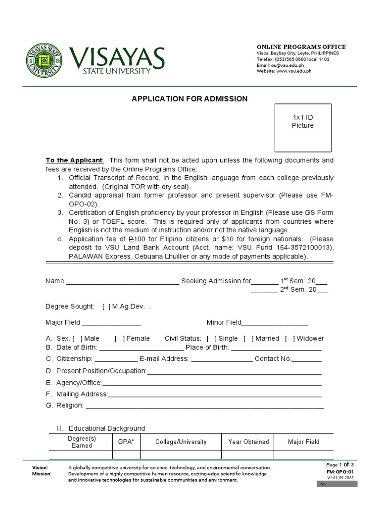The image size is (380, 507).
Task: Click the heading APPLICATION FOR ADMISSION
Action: point(190,99)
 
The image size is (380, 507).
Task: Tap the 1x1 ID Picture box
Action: point(303,128)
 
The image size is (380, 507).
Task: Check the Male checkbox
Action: point(77,339)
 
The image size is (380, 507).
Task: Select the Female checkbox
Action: point(119,339)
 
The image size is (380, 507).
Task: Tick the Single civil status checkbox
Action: point(211,339)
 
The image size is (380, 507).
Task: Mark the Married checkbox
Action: point(248,339)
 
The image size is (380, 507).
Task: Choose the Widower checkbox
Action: point(289,339)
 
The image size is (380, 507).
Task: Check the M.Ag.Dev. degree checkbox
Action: point(106,307)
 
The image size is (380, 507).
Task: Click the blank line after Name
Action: point(122,282)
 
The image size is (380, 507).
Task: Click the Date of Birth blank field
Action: point(134,348)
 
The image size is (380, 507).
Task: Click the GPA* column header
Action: point(126,442)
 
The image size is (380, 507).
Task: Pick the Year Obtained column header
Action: point(248,442)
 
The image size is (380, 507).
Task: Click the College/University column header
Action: point(181,442)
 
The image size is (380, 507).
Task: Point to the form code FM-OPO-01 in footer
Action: point(340,472)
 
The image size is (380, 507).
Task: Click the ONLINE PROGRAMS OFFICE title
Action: point(301,47)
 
